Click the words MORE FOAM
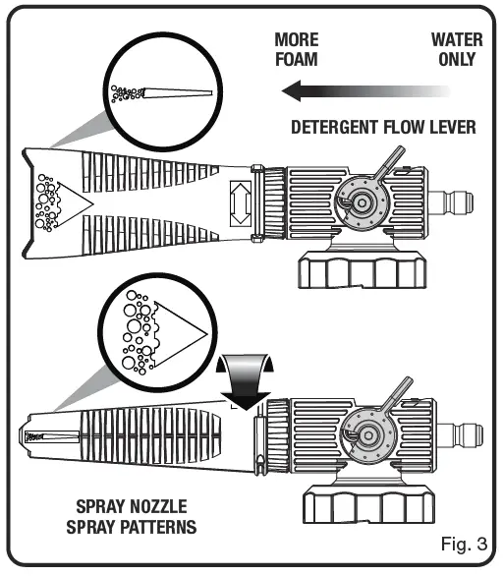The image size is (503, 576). pyautogui.click(x=296, y=50)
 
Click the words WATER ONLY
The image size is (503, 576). pyautogui.click(x=454, y=50)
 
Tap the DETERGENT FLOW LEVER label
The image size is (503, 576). pyautogui.click(x=384, y=127)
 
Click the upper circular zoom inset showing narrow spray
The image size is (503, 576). pyautogui.click(x=163, y=92)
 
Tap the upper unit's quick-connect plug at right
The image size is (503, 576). pyautogui.click(x=458, y=202)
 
